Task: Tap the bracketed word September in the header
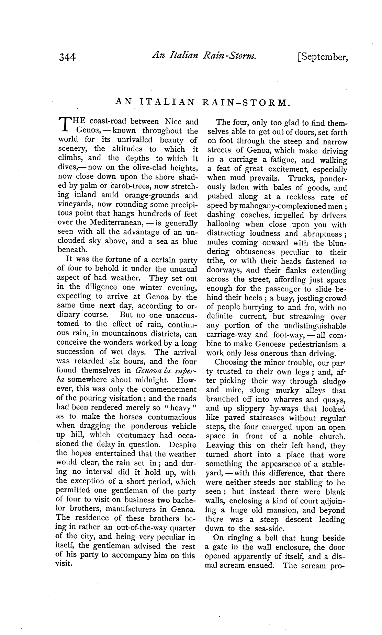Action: [323, 57]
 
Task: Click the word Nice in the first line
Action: [173, 122]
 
